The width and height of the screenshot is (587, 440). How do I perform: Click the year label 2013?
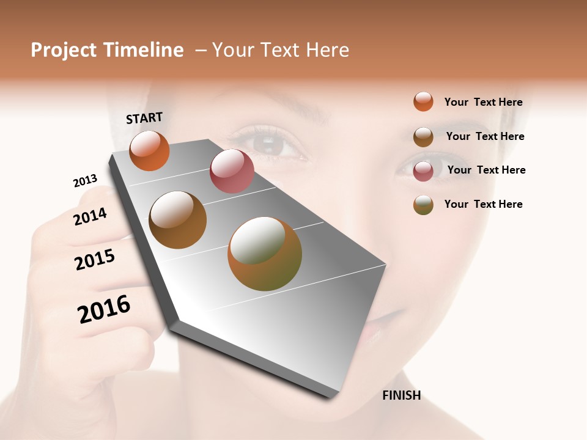[x=85, y=181]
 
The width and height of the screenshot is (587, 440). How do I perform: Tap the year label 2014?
[x=90, y=216]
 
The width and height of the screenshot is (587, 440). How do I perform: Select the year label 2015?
[x=95, y=260]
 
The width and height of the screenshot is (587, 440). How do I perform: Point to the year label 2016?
[x=104, y=309]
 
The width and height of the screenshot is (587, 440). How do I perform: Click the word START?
[x=144, y=118]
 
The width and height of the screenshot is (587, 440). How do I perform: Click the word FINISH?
[x=401, y=395]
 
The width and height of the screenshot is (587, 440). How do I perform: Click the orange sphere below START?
[x=149, y=150]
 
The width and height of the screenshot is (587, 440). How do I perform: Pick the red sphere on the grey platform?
[x=232, y=171]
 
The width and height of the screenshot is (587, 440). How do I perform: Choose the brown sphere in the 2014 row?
[x=178, y=220]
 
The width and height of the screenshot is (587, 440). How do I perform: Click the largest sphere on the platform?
[x=265, y=254]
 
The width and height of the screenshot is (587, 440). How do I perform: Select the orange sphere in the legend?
[x=423, y=101]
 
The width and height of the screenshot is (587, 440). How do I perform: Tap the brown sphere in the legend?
[x=423, y=137]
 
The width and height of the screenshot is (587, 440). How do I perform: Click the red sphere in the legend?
[x=423, y=171]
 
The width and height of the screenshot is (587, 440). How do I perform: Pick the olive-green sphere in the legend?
[x=423, y=205]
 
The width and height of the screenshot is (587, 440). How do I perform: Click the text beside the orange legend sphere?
[x=483, y=102]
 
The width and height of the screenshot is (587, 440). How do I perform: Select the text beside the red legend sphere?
[x=486, y=170]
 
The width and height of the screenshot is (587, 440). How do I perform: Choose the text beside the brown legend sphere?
[x=485, y=136]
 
